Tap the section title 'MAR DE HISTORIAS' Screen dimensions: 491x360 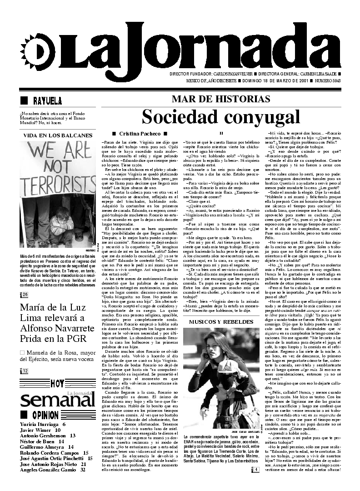pyautogui.click(x=221, y=99)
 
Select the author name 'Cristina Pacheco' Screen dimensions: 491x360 pyautogui.click(x=140, y=134)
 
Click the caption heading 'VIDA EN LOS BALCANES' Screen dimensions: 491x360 pyautogui.click(x=58, y=135)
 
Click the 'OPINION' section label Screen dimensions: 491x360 pyautogui.click(x=45, y=415)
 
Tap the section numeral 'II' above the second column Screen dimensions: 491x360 pyautogui.click(x=221, y=133)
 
